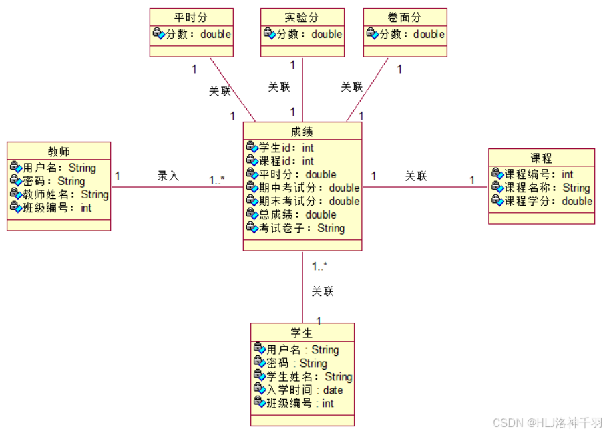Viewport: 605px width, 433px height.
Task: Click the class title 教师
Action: pyautogui.click(x=59, y=151)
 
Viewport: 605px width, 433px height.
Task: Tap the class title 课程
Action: pyautogui.click(x=541, y=158)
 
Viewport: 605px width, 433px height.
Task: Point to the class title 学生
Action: pyautogui.click(x=302, y=333)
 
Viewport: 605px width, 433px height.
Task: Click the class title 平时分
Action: pyautogui.click(x=191, y=17)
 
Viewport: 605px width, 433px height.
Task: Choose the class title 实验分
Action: pyautogui.click(x=302, y=17)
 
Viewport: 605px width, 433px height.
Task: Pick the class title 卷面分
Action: pyautogui.click(x=405, y=17)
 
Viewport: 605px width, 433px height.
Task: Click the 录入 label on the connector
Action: pyautogui.click(x=168, y=176)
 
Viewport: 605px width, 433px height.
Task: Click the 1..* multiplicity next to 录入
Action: pyautogui.click(x=217, y=180)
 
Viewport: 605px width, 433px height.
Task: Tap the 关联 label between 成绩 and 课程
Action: pyautogui.click(x=416, y=176)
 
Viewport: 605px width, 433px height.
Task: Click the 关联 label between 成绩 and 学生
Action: pyautogui.click(x=322, y=291)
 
